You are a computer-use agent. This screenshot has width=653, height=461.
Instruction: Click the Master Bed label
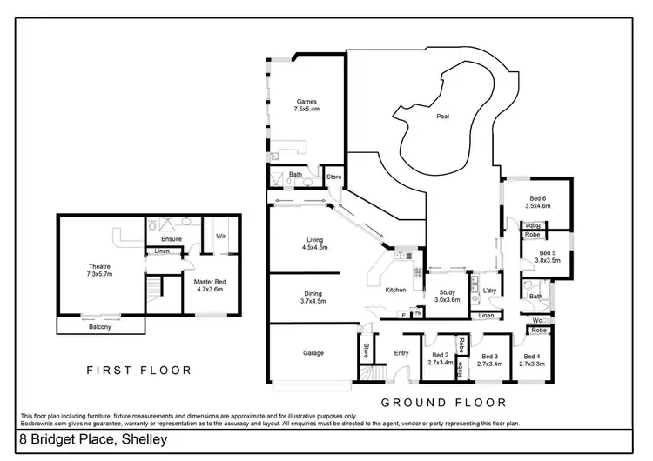(x=209, y=281)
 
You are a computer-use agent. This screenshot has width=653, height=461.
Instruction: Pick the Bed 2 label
(x=440, y=355)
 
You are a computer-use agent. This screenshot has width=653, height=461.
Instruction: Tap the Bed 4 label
(x=530, y=355)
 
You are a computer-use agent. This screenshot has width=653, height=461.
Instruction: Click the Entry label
(x=401, y=353)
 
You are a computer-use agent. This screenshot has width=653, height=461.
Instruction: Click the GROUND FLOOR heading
(x=444, y=403)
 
